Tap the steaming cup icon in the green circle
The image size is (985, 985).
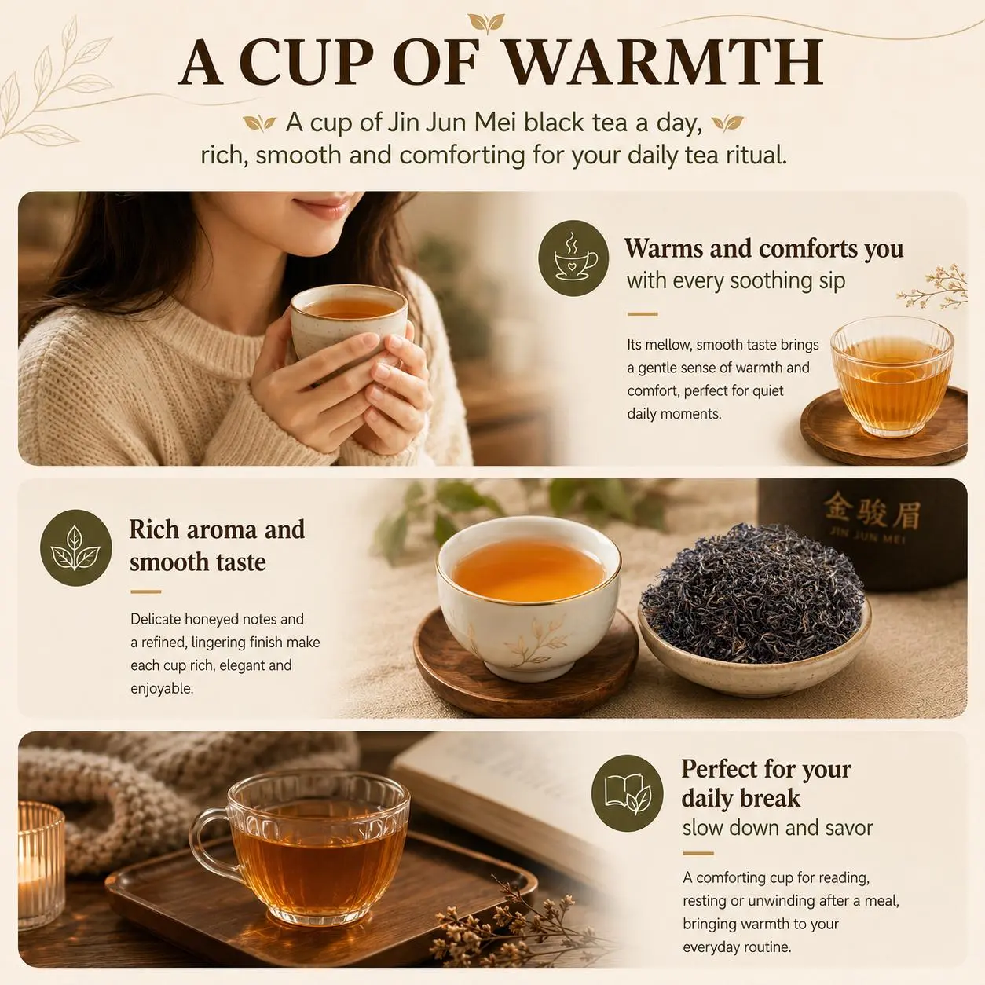[x=574, y=258]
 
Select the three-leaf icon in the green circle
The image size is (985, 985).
[x=75, y=547]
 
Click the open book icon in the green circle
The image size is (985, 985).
[x=627, y=793]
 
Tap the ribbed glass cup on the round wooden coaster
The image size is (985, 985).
[x=892, y=377]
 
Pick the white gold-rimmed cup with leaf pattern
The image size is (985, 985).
[x=529, y=597]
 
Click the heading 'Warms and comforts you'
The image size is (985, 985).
[x=763, y=249]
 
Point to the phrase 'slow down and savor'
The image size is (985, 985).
[x=778, y=827]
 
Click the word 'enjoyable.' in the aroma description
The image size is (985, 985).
[x=162, y=689]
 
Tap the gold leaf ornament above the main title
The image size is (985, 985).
[x=486, y=22]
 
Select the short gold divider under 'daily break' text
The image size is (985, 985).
[x=698, y=853]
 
